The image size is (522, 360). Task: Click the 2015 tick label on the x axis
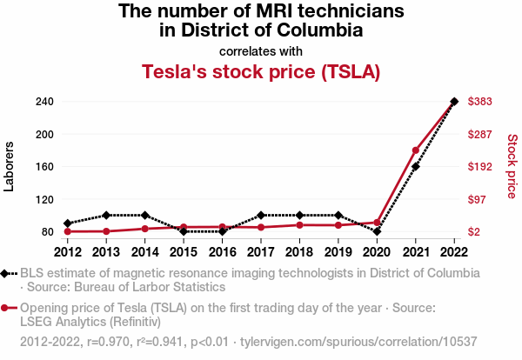(184, 252)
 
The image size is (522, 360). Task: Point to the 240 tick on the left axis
(45, 102)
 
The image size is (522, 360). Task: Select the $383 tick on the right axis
(481, 102)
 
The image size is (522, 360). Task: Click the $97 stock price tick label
(478, 199)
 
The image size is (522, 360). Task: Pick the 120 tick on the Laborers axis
(45, 199)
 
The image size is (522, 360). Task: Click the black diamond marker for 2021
(416, 166)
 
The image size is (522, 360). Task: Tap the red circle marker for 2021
(416, 150)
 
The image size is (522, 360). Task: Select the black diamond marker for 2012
(68, 223)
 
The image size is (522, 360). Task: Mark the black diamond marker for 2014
(145, 215)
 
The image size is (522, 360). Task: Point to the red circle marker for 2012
(68, 231)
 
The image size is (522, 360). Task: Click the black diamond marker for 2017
(261, 215)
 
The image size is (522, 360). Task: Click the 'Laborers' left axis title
(10, 166)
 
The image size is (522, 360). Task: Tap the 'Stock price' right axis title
(512, 166)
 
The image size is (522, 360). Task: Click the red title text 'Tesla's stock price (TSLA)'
(261, 72)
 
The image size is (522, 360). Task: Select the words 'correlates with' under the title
(261, 50)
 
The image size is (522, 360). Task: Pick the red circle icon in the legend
(8, 308)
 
